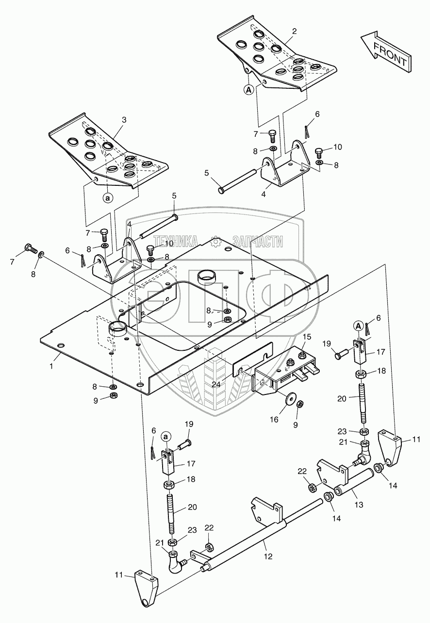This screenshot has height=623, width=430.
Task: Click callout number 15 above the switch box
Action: [307, 337]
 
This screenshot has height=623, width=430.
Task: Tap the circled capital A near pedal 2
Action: [248, 89]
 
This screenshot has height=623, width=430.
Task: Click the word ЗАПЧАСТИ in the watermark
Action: [257, 241]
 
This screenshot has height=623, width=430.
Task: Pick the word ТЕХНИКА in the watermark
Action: [175, 241]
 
